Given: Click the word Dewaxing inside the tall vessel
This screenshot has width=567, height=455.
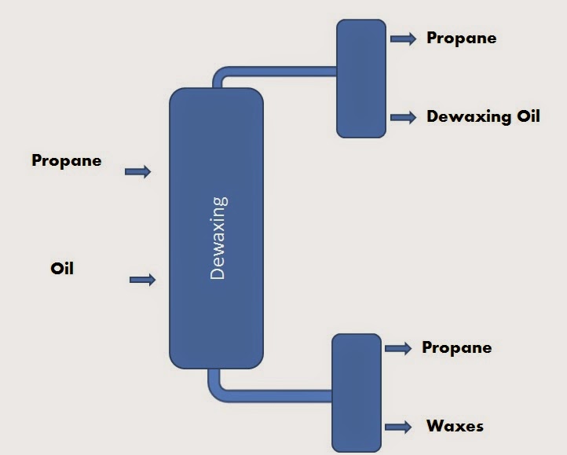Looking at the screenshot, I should [x=218, y=238].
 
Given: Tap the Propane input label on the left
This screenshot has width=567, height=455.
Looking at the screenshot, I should [x=67, y=160].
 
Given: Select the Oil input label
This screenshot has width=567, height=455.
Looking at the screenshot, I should [x=62, y=268].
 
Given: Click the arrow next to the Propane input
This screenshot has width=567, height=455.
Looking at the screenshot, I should [x=137, y=171].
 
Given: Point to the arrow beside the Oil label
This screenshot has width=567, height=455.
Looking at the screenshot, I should [x=142, y=279].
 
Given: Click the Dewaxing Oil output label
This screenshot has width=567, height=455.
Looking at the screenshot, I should [x=483, y=116].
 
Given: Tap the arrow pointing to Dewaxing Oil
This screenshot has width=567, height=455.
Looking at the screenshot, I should [x=403, y=117].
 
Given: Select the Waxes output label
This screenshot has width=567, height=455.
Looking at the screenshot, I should [x=455, y=427].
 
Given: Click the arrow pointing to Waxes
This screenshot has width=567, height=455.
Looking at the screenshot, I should [x=398, y=427].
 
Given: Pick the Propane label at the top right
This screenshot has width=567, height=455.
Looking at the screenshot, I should [x=461, y=38].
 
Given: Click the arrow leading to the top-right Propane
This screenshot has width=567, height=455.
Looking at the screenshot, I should [x=403, y=39].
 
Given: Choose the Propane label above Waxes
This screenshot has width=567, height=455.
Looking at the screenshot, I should [x=456, y=347].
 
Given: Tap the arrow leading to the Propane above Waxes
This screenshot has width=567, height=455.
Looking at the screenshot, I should [x=398, y=348].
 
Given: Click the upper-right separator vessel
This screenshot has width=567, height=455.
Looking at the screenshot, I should [x=361, y=79].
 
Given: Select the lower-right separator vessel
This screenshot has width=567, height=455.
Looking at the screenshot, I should [x=357, y=392].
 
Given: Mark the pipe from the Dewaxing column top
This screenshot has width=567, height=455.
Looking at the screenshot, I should [x=283, y=72].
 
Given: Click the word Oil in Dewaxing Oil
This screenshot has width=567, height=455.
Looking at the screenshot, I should [x=527, y=116].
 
